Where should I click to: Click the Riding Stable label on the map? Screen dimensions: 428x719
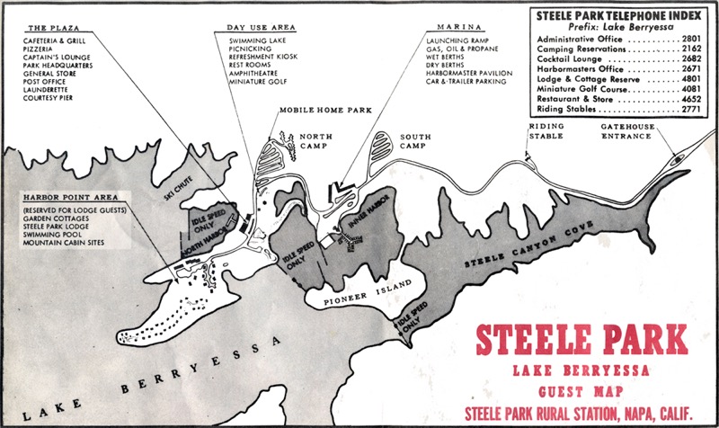coord(546,132)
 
